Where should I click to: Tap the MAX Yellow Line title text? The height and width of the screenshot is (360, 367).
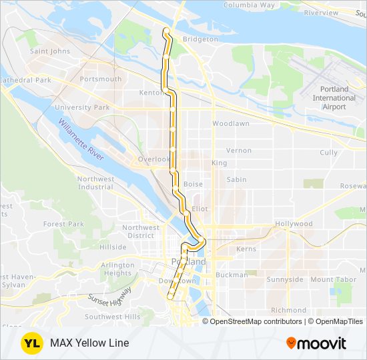pyautogui.click(x=89, y=343)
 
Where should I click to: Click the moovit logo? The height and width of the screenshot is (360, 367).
pyautogui.click(x=316, y=343)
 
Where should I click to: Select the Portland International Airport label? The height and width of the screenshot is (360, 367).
pyautogui.click(x=334, y=98)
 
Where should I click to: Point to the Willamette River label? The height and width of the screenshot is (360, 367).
pyautogui.click(x=81, y=139)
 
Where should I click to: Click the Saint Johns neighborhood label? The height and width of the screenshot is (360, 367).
pyautogui.click(x=50, y=51)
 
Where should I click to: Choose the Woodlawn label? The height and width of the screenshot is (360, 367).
pyautogui.click(x=231, y=123)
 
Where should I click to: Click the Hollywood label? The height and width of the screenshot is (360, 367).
pyautogui.click(x=294, y=224)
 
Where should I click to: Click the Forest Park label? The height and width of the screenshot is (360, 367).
pyautogui.click(x=64, y=224)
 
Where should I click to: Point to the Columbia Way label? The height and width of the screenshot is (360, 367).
pyautogui.click(x=249, y=5)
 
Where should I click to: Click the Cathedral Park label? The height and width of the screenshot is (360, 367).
pyautogui.click(x=25, y=80)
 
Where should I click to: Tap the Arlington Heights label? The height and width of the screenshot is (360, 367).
pyautogui.click(x=117, y=269)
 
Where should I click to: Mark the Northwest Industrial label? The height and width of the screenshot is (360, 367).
pyautogui.click(x=95, y=183)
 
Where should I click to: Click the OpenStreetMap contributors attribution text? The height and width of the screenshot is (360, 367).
pyautogui.click(x=254, y=321)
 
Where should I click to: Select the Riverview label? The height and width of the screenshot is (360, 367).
pyautogui.click(x=321, y=13)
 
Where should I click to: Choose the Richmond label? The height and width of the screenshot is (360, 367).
pyautogui.click(x=288, y=310)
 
